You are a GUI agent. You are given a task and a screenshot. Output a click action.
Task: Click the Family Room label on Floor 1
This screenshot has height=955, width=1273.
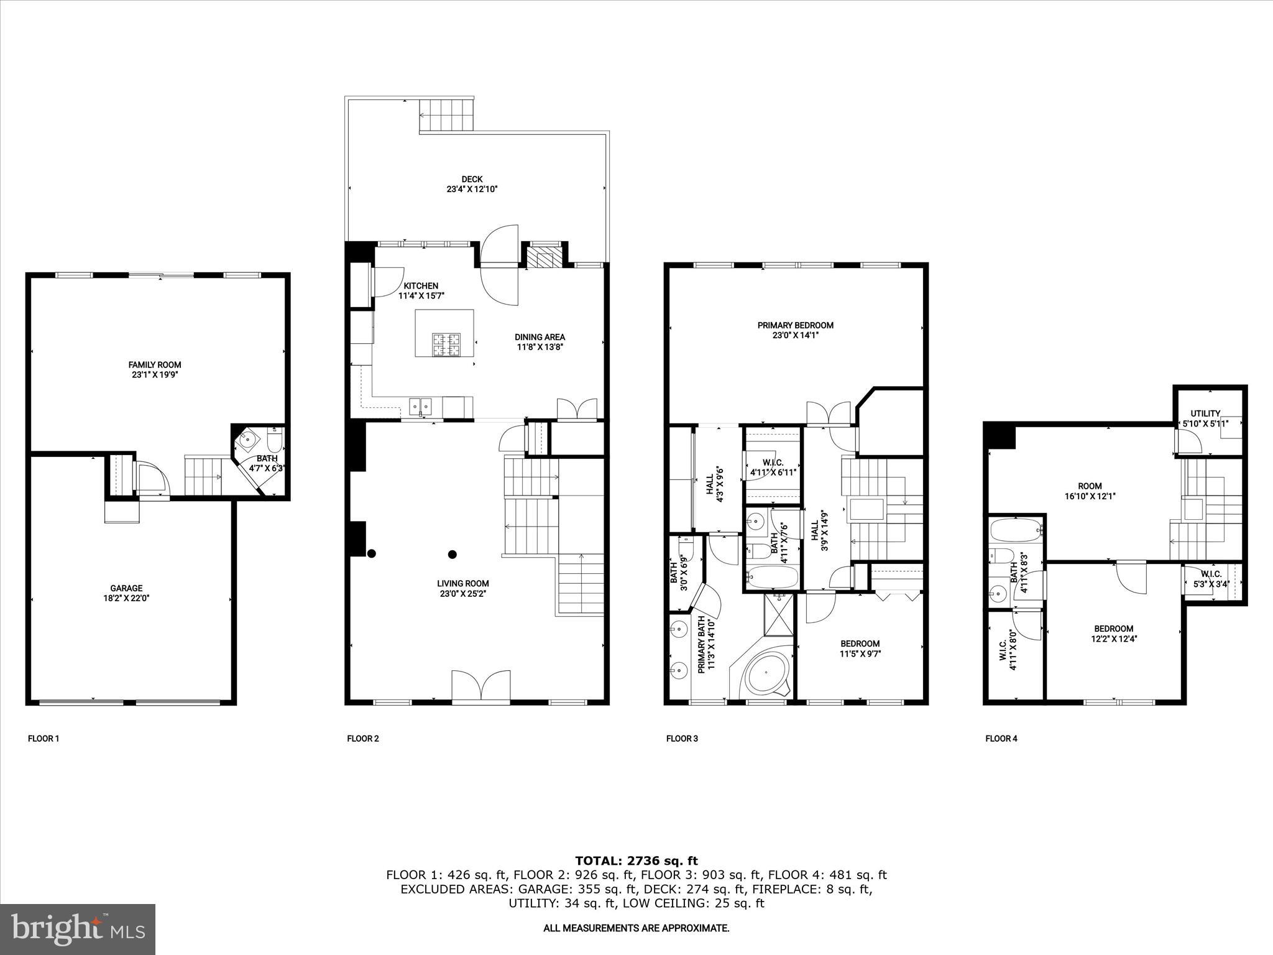point(155,365)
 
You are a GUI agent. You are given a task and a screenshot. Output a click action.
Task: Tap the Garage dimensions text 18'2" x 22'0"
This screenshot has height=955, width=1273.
point(126,598)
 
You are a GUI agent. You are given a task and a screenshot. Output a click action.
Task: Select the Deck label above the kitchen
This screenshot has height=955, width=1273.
point(472,179)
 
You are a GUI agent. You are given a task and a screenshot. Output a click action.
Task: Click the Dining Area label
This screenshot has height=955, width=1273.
point(540,337)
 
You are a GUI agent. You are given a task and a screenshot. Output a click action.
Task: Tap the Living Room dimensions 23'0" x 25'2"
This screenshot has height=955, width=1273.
point(462,593)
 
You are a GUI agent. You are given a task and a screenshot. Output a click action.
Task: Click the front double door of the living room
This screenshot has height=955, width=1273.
point(480,687)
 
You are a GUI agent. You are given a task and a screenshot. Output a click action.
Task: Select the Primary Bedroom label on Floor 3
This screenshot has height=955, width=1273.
point(795,325)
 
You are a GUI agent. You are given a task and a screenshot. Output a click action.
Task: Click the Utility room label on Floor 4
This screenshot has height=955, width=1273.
point(1205,413)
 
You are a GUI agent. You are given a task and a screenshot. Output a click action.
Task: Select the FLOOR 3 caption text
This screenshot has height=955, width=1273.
point(682,739)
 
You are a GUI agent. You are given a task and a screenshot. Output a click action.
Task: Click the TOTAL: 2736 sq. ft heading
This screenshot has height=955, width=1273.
point(636,861)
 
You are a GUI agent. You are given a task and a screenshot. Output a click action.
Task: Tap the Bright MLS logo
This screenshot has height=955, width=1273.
point(78,930)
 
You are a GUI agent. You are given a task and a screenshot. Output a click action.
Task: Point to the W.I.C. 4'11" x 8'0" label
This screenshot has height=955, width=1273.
point(1007,650)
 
